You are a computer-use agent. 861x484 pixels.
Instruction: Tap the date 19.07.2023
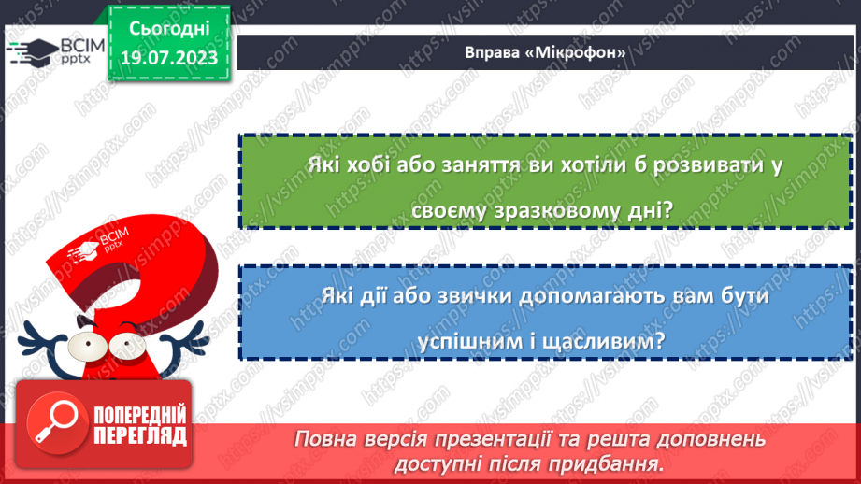click(x=168, y=57)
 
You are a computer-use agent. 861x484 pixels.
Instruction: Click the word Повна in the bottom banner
click(x=323, y=439)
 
